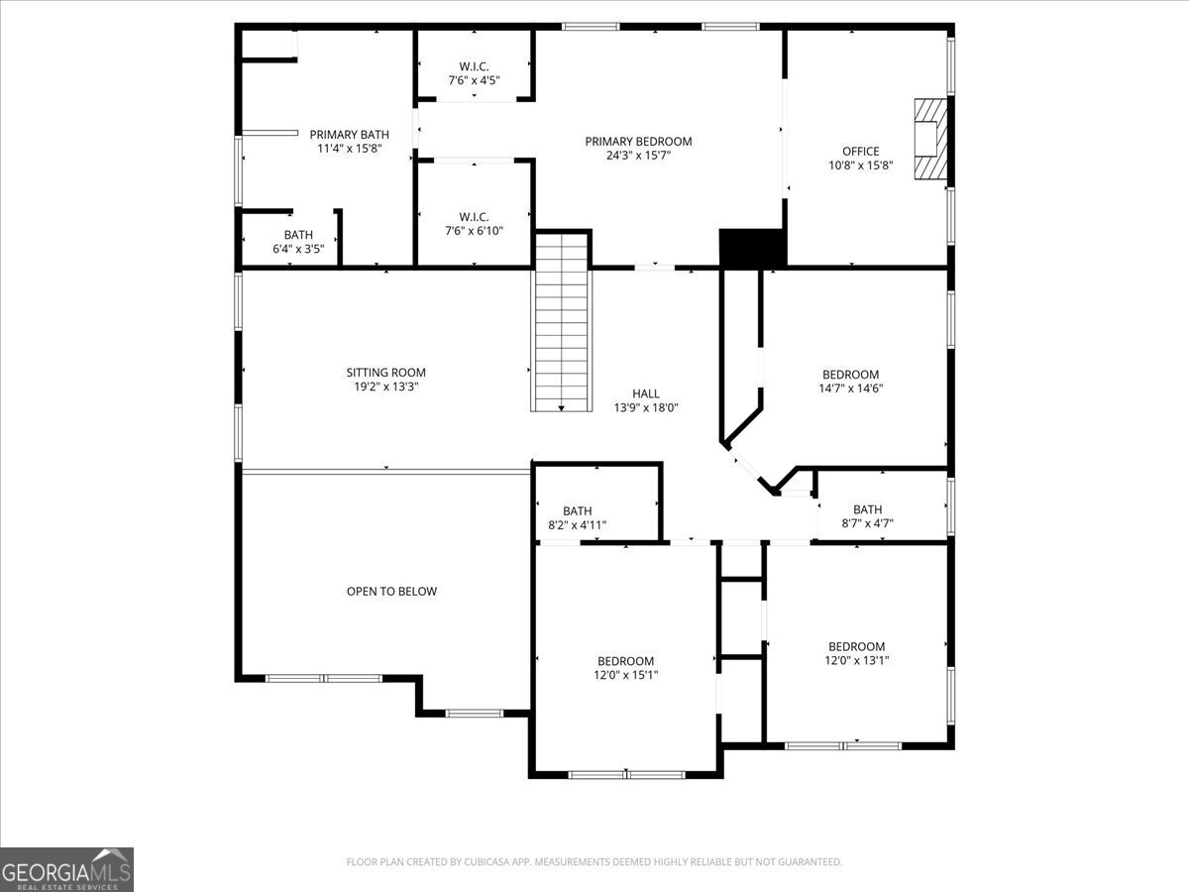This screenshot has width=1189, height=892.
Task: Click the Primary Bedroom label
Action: (638, 142)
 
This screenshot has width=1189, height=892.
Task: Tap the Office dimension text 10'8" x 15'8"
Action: (860, 166)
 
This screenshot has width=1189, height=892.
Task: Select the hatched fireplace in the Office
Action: (930, 138)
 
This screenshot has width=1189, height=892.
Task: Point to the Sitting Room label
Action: (385, 373)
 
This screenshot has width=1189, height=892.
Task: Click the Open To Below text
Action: (391, 592)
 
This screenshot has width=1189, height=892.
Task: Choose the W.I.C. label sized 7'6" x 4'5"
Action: (475, 66)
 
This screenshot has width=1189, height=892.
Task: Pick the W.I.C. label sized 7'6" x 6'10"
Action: (475, 216)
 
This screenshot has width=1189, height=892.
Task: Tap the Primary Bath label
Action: (349, 135)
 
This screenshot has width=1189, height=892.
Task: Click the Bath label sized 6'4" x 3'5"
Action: (298, 235)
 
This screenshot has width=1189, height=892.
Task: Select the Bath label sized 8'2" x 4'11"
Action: (577, 511)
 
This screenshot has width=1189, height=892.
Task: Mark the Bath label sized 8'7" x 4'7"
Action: (867, 509)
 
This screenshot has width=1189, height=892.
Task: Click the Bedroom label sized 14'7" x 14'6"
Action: (851, 375)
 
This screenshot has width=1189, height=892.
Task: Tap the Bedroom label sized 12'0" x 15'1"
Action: (625, 661)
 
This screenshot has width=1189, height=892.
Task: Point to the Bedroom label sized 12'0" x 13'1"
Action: (856, 646)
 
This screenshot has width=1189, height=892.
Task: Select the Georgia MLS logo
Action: (66, 869)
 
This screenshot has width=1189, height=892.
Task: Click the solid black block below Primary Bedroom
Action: (752, 248)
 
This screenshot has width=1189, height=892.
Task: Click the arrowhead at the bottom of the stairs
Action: (562, 406)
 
